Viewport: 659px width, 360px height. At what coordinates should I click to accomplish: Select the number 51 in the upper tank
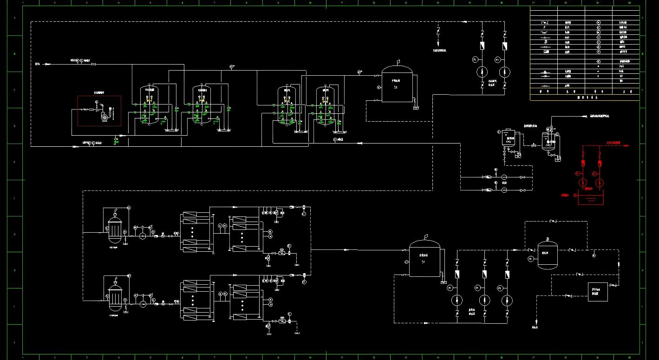(396, 87)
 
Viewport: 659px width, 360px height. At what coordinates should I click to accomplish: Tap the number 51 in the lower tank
(423, 262)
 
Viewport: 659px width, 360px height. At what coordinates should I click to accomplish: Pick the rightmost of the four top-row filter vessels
(326, 106)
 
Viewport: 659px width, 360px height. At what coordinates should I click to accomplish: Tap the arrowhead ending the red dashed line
(627, 145)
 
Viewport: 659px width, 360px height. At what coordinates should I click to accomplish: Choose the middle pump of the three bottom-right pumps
(484, 300)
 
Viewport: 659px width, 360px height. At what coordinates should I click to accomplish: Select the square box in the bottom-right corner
(597, 292)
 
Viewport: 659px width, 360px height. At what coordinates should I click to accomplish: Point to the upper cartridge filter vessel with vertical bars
(114, 228)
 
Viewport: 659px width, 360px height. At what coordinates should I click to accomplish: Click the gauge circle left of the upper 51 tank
(379, 87)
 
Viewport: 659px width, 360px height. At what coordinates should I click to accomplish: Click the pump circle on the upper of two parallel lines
(504, 177)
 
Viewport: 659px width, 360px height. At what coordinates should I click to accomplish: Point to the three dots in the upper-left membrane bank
(191, 229)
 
